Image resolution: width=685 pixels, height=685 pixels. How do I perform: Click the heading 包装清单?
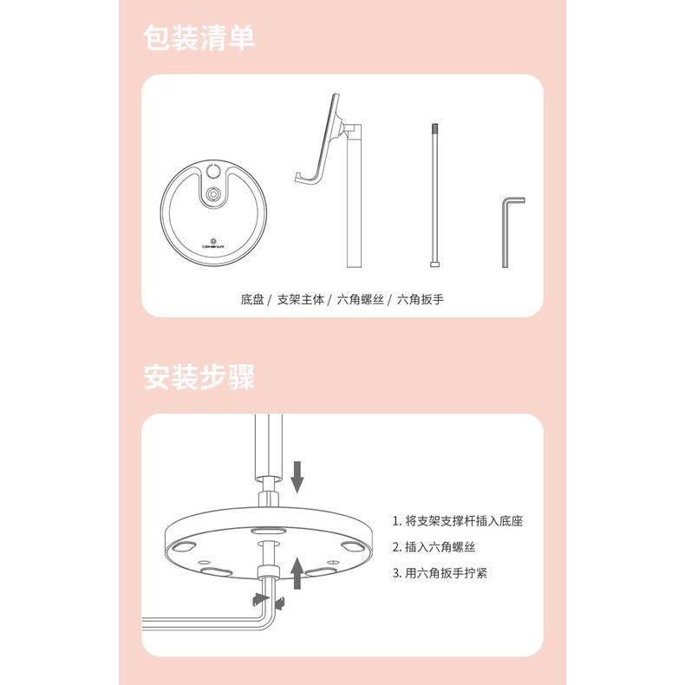point(199,37)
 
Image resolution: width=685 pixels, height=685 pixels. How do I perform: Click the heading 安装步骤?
point(199,376)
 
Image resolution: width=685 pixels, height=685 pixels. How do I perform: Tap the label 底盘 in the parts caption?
point(252,300)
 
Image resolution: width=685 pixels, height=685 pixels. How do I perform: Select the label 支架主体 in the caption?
point(301,300)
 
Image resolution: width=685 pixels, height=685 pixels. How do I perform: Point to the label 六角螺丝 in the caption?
point(361,300)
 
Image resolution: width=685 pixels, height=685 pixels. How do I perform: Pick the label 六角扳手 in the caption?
point(421,300)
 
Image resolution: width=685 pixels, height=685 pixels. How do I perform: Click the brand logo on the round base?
point(213,244)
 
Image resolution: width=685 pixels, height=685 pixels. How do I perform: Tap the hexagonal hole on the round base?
point(213,192)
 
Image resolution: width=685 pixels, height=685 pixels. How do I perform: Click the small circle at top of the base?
point(213,171)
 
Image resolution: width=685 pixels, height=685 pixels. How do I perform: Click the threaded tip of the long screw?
point(434,129)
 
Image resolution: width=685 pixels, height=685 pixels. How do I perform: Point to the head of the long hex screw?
point(434,264)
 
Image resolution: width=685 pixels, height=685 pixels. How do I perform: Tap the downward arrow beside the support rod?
point(297,477)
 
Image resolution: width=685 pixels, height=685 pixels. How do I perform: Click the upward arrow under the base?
point(297,573)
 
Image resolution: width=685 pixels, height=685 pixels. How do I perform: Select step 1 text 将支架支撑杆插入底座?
point(458,521)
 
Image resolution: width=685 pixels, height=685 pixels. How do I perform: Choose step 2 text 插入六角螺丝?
point(434,547)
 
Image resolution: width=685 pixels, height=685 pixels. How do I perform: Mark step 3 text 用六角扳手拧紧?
point(440,573)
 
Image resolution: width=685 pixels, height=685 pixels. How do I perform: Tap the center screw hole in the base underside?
point(268,544)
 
